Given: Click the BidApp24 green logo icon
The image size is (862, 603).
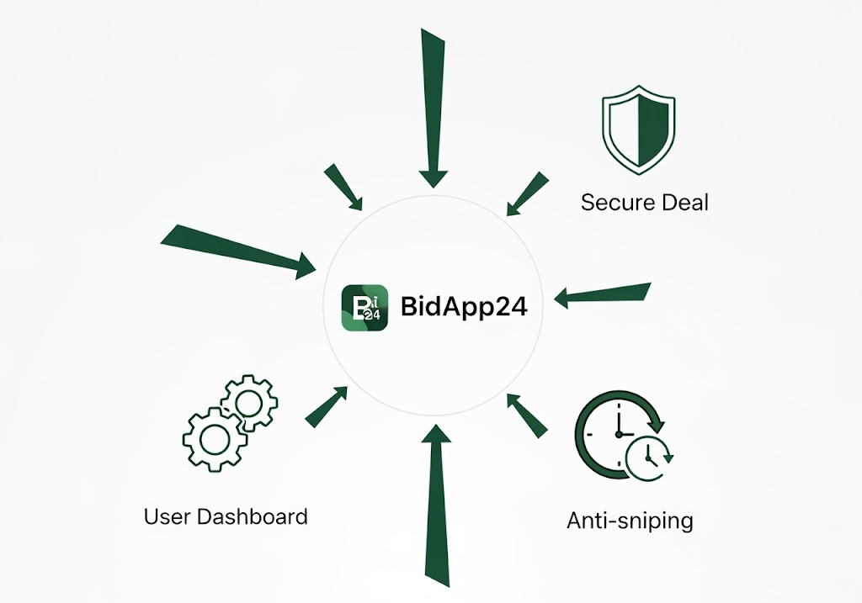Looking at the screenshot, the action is pyautogui.click(x=364, y=308).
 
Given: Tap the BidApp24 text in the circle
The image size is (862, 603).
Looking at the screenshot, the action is pyautogui.click(x=464, y=306).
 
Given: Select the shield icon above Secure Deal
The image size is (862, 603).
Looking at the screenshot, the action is pyautogui.click(x=638, y=130).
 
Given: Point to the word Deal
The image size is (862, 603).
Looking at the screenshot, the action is pyautogui.click(x=685, y=203).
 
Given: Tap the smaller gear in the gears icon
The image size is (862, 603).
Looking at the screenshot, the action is pyautogui.click(x=249, y=403).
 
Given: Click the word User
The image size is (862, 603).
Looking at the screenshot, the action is pyautogui.click(x=167, y=516).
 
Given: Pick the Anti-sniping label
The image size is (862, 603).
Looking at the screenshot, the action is pyautogui.click(x=630, y=521).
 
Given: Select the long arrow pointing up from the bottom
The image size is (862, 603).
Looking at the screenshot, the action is pyautogui.click(x=437, y=505).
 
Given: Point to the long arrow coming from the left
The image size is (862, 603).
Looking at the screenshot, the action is pyautogui.click(x=238, y=251).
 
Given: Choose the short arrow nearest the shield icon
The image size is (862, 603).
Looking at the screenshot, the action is pyautogui.click(x=527, y=193).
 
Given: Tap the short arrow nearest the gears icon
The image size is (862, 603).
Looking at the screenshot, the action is pyautogui.click(x=326, y=407).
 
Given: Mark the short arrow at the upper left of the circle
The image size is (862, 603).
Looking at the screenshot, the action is pyautogui.click(x=343, y=187).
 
